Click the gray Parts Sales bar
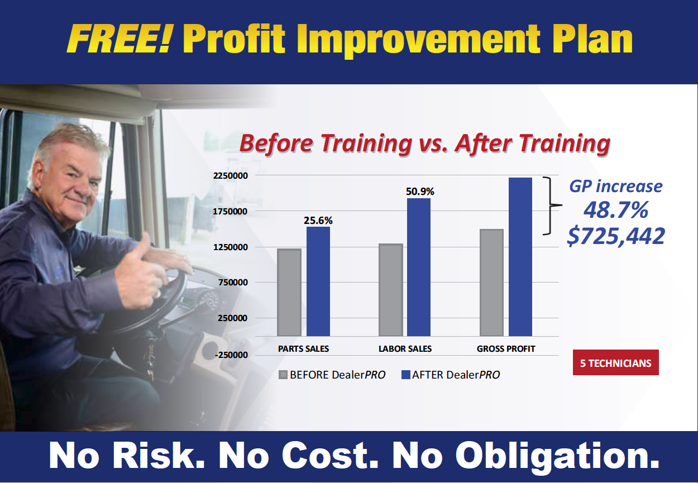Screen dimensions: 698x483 tap(289, 292)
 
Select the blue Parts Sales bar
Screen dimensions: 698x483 tap(318, 281)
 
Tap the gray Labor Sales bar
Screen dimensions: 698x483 tap(391, 290)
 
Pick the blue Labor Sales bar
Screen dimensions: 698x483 tap(419, 267)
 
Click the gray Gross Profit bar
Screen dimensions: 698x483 tap(492, 283)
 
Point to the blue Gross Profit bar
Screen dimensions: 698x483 tap(520, 257)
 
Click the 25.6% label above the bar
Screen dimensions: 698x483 tap(318, 221)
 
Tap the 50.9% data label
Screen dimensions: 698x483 tap(420, 192)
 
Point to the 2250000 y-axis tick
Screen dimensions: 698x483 tap(230, 176)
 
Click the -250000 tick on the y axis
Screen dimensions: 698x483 tap(231, 355)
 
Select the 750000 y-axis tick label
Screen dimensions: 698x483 tap(233, 283)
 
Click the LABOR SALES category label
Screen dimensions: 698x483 tap(405, 348)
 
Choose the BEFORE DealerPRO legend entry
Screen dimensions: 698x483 tap(332, 375)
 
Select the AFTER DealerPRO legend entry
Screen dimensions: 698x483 tap(451, 375)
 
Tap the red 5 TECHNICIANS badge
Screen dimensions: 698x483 tap(616, 362)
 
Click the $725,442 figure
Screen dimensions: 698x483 tap(616, 236)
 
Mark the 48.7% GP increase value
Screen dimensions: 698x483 tap(616, 210)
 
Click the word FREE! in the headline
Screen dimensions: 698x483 tap(119, 40)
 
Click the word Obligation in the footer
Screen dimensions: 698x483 tap(557, 456)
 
